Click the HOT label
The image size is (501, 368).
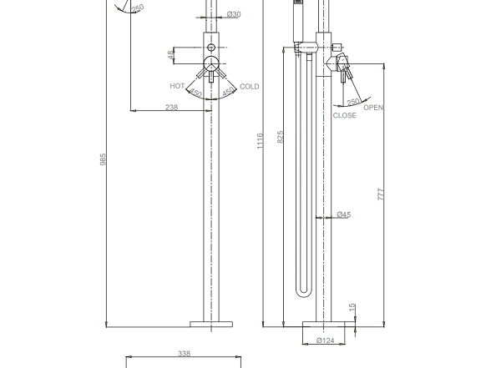pos(177,86)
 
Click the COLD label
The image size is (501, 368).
pos(249,87)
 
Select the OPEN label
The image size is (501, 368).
pos(373,108)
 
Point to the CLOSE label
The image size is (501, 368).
pos(344,115)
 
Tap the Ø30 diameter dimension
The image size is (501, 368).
pos(234,14)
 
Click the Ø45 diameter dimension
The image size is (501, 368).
pos(344,214)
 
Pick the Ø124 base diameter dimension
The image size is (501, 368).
pos(326,340)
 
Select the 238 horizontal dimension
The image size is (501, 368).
pos(171,107)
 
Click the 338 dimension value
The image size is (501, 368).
pos(184,353)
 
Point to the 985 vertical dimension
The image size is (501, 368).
pos(103,159)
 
